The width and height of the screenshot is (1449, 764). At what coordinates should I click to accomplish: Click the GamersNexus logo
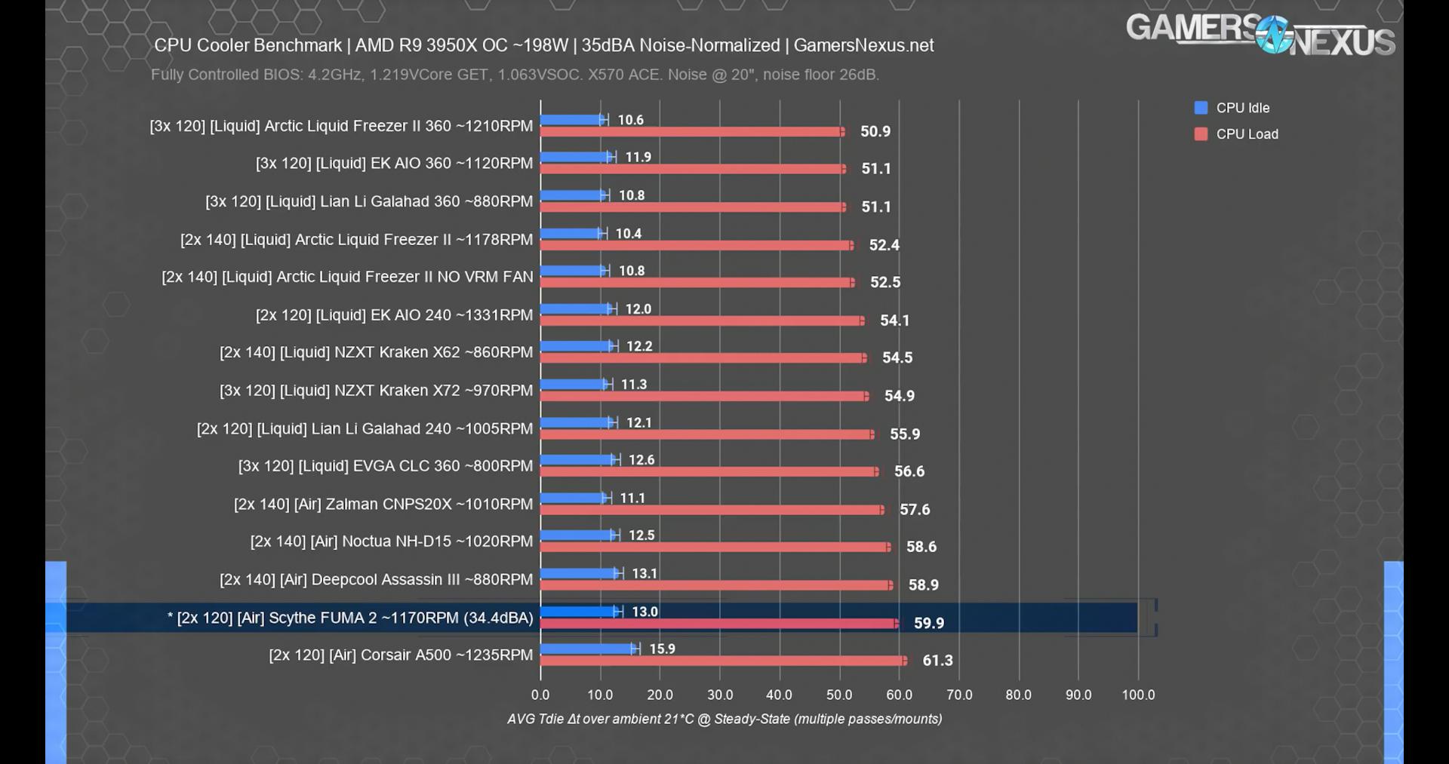pos(1260,35)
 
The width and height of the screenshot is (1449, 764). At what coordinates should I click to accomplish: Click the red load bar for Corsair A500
pos(723,661)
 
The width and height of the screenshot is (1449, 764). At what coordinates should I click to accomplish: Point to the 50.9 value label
pos(875,132)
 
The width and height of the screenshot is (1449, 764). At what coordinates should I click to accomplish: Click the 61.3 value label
pos(937,661)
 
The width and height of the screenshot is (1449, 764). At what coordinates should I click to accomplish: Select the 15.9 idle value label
pos(662,649)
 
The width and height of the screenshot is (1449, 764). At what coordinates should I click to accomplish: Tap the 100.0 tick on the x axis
pos(1138,695)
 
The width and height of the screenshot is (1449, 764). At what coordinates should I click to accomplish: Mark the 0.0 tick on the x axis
pos(540,695)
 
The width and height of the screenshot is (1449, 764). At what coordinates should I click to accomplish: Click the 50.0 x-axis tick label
pos(839,695)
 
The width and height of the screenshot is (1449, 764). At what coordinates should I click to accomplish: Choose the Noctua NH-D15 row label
pos(391,542)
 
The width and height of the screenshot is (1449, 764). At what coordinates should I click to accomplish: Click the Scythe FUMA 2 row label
pos(350,618)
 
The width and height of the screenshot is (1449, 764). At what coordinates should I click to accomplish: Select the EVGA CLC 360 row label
pos(385,466)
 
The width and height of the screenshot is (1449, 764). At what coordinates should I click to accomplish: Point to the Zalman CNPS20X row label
pos(383,504)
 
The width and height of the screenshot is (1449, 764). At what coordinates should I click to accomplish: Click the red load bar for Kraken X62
pos(702,358)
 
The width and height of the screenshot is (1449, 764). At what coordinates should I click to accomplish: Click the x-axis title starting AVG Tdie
pos(724,719)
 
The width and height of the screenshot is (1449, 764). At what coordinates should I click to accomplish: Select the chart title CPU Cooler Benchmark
pos(543,45)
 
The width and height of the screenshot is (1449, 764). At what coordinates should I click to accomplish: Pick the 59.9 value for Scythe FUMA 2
pos(928,623)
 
